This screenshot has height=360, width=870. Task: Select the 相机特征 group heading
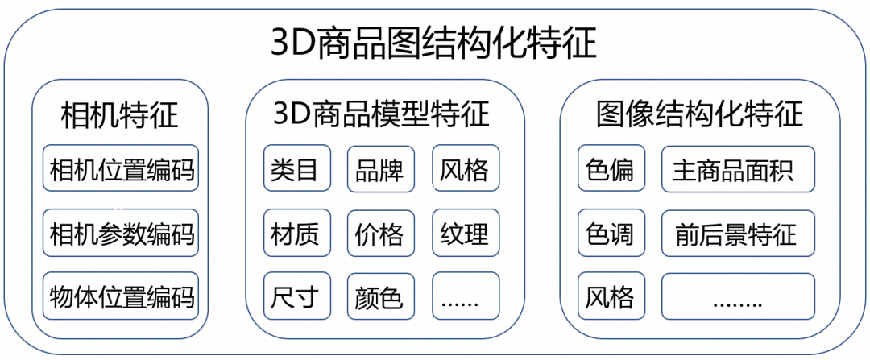[120, 115]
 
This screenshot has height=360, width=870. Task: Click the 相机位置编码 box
[121, 169]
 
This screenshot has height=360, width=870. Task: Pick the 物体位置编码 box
[121, 296]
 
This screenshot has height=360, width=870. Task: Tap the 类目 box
[296, 169]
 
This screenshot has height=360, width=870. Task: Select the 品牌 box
[380, 169]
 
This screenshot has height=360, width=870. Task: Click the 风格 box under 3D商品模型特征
[465, 169]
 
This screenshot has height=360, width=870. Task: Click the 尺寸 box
[296, 296]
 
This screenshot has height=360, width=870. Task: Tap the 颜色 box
[380, 296]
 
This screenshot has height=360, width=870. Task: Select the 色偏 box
[611, 169]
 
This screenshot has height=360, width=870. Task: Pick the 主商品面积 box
[737, 169]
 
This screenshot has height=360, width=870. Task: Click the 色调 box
[611, 234]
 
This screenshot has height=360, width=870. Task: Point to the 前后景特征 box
[737, 234]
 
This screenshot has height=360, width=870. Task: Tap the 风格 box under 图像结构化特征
[611, 296]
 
